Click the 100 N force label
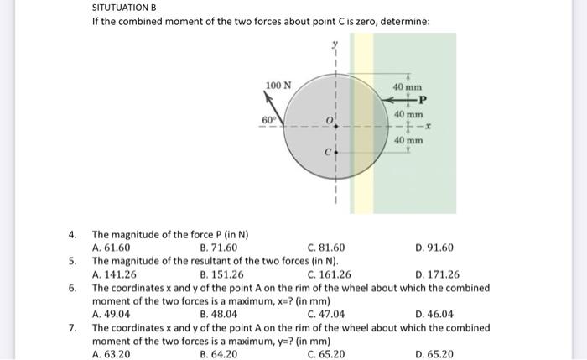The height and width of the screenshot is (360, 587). [278, 86]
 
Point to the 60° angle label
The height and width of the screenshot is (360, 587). [268, 120]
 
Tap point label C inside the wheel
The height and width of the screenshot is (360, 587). [330, 153]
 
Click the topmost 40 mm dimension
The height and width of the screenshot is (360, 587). [408, 87]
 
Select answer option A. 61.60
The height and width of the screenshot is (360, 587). [111, 248]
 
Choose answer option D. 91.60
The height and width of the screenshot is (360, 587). [434, 248]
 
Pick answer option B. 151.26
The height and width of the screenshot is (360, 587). [222, 274]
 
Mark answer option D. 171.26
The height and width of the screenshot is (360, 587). [437, 274]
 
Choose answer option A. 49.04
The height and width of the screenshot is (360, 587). [111, 314]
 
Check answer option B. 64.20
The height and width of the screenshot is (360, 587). [219, 354]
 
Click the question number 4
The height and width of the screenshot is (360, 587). [73, 234]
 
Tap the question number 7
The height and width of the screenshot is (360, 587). [73, 327]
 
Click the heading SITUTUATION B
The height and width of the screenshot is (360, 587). [125, 8]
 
